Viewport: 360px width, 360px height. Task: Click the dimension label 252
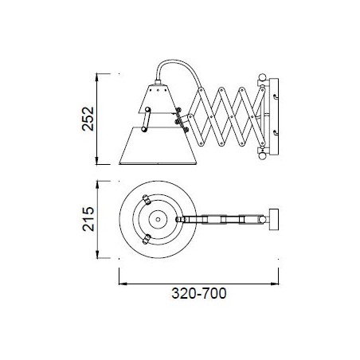point(88,119)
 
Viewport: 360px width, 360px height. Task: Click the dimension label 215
point(88,219)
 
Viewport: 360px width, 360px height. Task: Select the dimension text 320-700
point(199,293)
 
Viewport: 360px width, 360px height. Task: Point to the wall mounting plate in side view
point(274,116)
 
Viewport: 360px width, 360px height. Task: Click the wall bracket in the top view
point(274,220)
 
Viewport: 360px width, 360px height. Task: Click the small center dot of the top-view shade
point(158,220)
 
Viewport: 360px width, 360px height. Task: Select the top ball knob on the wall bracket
point(262,77)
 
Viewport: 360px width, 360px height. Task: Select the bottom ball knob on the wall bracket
point(262,156)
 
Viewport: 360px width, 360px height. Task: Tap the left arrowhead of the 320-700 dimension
point(122,284)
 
